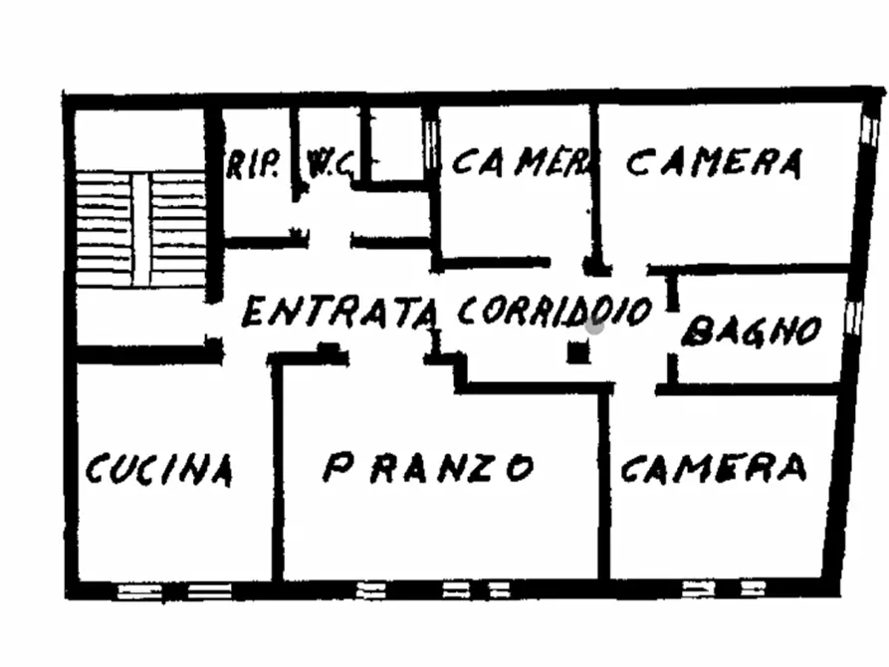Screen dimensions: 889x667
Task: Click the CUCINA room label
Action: coord(159,468)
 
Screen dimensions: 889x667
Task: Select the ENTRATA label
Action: coord(339,313)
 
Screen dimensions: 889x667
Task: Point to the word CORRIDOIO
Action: coord(554,311)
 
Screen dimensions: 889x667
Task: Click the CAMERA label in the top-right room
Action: coord(714,161)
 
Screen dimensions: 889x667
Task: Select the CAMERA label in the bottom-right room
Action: coord(713,467)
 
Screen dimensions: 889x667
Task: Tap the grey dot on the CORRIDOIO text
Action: coord(595,322)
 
